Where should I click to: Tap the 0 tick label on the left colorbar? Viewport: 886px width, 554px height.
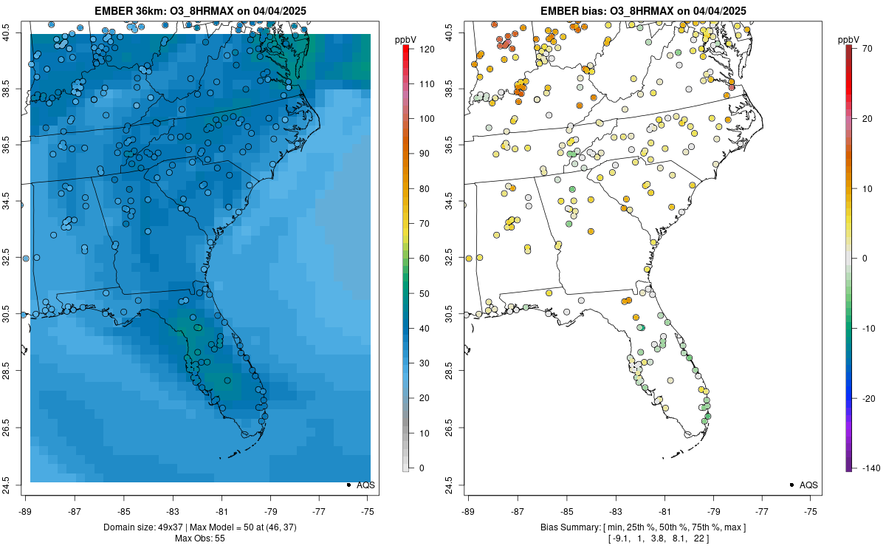(420, 468)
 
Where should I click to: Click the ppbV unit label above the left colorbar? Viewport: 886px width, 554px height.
(405, 38)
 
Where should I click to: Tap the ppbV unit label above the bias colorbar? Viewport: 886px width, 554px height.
(848, 38)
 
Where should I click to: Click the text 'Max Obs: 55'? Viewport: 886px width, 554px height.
(199, 538)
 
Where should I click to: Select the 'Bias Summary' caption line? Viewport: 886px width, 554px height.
(642, 527)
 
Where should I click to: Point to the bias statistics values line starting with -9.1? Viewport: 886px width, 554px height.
(642, 538)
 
